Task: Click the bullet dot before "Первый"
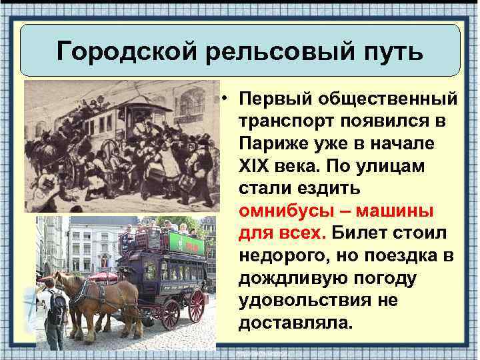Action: [227, 100]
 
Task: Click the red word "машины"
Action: [397, 211]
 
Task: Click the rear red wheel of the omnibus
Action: [197, 305]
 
